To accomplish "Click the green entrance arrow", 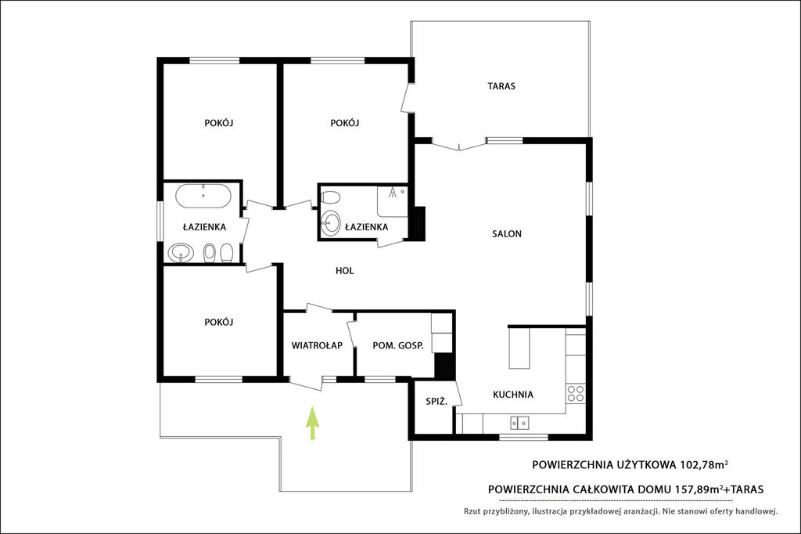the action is pos(312,423).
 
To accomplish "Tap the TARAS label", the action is pos(501,86).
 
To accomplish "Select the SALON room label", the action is pos(507,234).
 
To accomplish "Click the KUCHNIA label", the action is pos(513,395).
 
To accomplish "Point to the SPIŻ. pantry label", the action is pos(436,402).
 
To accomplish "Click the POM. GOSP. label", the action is pos(398,346).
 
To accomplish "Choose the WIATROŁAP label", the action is pos(317,345).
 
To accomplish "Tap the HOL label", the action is pos(345,271).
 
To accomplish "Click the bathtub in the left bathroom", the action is pos(203,196).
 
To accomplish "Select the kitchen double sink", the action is pos(519,423).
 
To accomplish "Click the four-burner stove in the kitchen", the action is pos(576,393).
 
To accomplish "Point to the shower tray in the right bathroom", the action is pos(393,201).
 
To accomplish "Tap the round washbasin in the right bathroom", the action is pos(331,223).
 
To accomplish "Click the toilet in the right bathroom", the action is pos(331,197).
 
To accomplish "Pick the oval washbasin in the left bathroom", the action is pos(181,252).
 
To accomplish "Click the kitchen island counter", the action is pos(519,348).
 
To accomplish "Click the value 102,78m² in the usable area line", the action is pos(703,465).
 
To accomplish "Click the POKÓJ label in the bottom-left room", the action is pos(219,323).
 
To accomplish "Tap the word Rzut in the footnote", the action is pos(472,511).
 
